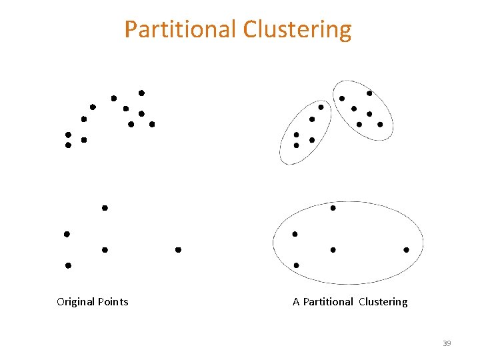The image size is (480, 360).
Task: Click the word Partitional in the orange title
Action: coord(181,30)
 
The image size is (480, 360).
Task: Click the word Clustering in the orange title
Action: coord(297,30)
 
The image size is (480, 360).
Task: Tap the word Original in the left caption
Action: coord(75,302)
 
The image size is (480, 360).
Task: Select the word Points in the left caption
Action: coord(113,302)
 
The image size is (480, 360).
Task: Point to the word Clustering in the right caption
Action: coord(383,302)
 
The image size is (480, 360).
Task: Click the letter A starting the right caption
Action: coord(296,302)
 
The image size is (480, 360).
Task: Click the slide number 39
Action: coord(447,343)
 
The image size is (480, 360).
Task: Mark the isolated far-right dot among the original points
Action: coord(178,250)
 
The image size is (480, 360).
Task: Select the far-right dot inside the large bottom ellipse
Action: coord(406,250)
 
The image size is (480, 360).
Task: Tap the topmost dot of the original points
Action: coord(141,93)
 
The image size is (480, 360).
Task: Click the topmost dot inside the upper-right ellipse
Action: coord(369,93)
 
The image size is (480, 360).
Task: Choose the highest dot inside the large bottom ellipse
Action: coord(333,208)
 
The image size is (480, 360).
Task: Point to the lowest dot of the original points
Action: coord(68,265)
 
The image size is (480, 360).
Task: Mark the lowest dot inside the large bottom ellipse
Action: coord(296,265)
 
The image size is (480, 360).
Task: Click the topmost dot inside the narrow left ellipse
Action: coord(321,107)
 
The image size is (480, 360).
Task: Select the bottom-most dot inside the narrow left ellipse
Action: coord(296,145)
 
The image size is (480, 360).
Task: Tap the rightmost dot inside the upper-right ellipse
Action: coord(380,124)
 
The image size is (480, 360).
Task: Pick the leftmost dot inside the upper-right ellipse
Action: coord(342,99)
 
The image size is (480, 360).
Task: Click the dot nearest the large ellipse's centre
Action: coord(333,250)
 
